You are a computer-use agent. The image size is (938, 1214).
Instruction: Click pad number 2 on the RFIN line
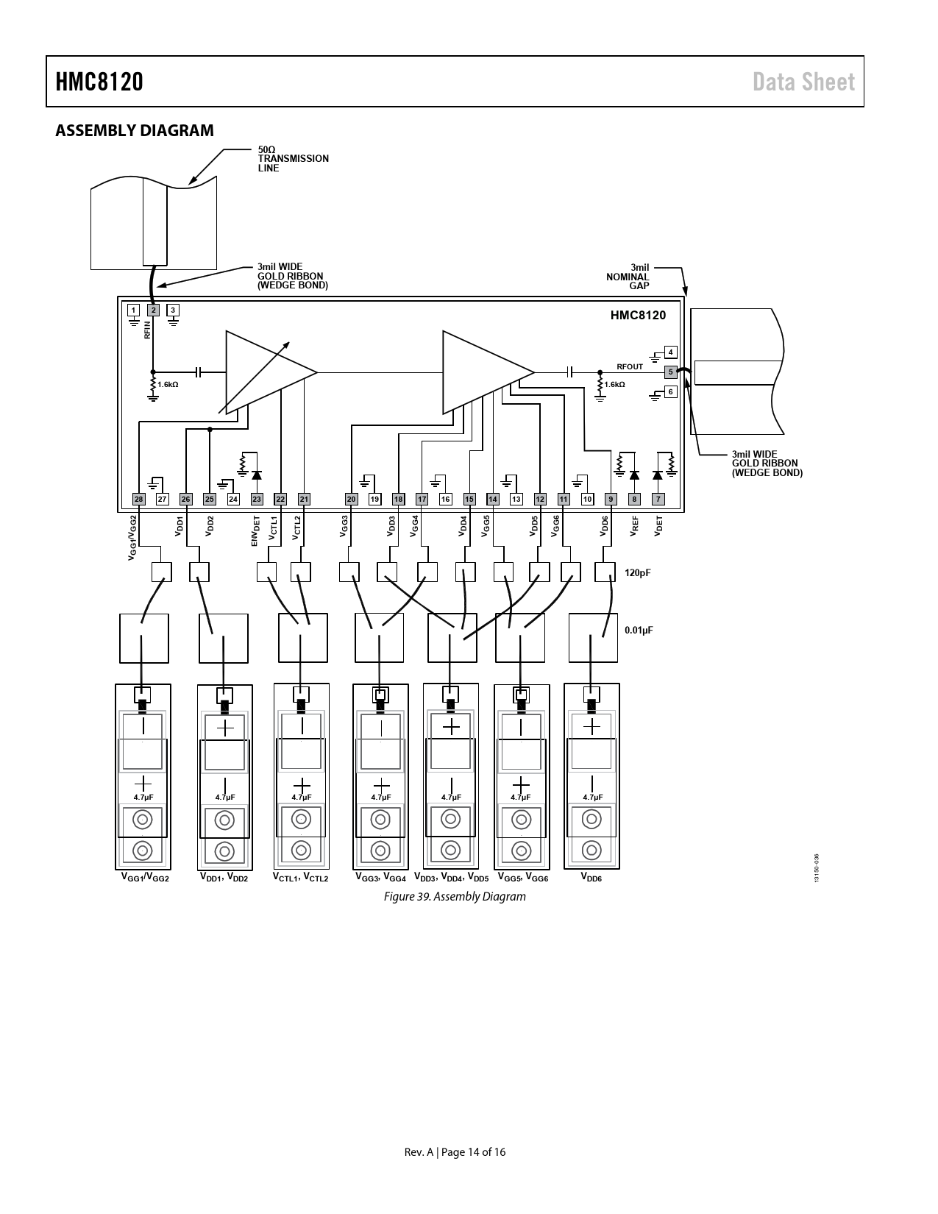point(153,310)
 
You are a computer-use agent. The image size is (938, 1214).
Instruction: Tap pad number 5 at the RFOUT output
point(670,372)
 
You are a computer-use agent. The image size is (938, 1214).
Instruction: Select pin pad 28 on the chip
point(138,499)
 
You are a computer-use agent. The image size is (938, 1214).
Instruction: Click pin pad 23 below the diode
point(257,499)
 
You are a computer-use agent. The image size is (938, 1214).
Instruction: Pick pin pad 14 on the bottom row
point(493,499)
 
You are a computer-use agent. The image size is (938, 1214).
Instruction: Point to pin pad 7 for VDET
point(658,499)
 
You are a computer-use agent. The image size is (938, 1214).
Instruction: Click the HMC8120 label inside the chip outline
point(638,315)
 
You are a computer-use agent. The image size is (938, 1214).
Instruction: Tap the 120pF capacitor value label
point(637,572)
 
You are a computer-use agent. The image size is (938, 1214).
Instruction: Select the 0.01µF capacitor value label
point(639,631)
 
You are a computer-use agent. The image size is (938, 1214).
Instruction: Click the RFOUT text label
point(630,366)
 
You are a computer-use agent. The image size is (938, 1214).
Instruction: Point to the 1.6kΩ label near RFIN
point(168,384)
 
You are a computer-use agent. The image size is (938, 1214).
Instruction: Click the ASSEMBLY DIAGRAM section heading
point(135,130)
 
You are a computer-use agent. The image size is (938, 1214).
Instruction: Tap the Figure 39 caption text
point(455,897)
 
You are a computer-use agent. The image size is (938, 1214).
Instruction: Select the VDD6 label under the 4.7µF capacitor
point(591,877)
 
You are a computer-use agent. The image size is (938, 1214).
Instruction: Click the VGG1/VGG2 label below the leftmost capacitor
point(145,877)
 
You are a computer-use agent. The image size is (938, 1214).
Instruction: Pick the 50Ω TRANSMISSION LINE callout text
point(294,159)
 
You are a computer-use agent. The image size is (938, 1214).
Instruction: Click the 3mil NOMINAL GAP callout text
point(628,277)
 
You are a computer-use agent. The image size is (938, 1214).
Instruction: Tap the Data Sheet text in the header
point(803,82)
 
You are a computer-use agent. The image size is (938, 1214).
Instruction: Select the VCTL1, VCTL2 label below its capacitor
point(301,877)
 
